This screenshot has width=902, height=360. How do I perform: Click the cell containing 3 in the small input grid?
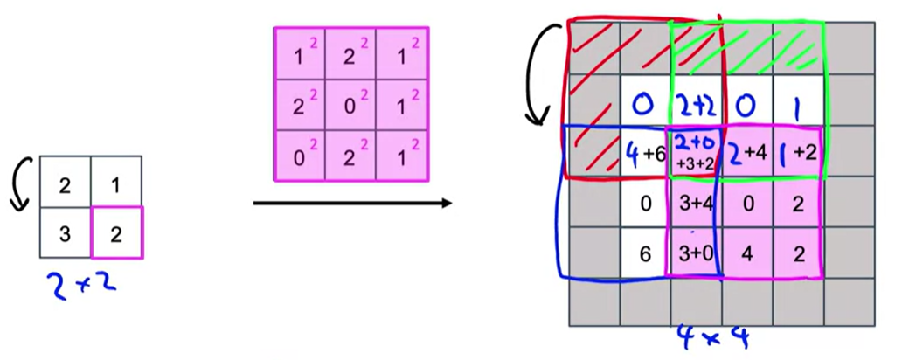click(66, 232)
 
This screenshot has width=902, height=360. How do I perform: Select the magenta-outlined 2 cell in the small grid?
click(117, 232)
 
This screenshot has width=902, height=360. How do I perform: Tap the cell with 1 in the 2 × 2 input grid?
click(117, 182)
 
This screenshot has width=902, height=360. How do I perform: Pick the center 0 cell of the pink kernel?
click(351, 105)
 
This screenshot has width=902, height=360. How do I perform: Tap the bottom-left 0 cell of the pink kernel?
click(300, 156)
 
